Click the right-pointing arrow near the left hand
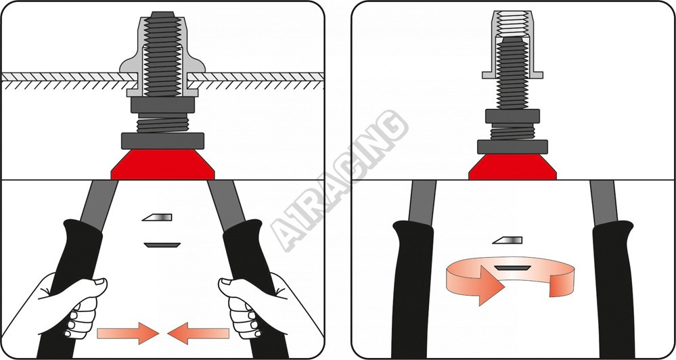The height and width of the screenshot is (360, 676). point(128,333)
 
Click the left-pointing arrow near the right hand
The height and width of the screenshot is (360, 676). point(198,333)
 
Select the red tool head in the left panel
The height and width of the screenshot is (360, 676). point(163,164)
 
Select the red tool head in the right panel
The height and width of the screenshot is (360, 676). point(513,166)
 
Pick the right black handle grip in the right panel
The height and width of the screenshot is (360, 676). point(612,289)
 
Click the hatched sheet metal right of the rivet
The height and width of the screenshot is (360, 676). point(256,76)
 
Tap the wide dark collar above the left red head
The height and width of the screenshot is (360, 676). point(162,141)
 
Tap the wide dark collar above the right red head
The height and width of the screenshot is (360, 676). point(513,147)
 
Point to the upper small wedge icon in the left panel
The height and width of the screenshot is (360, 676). point(158,217)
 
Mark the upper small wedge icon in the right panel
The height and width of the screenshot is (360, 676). point(508,240)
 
